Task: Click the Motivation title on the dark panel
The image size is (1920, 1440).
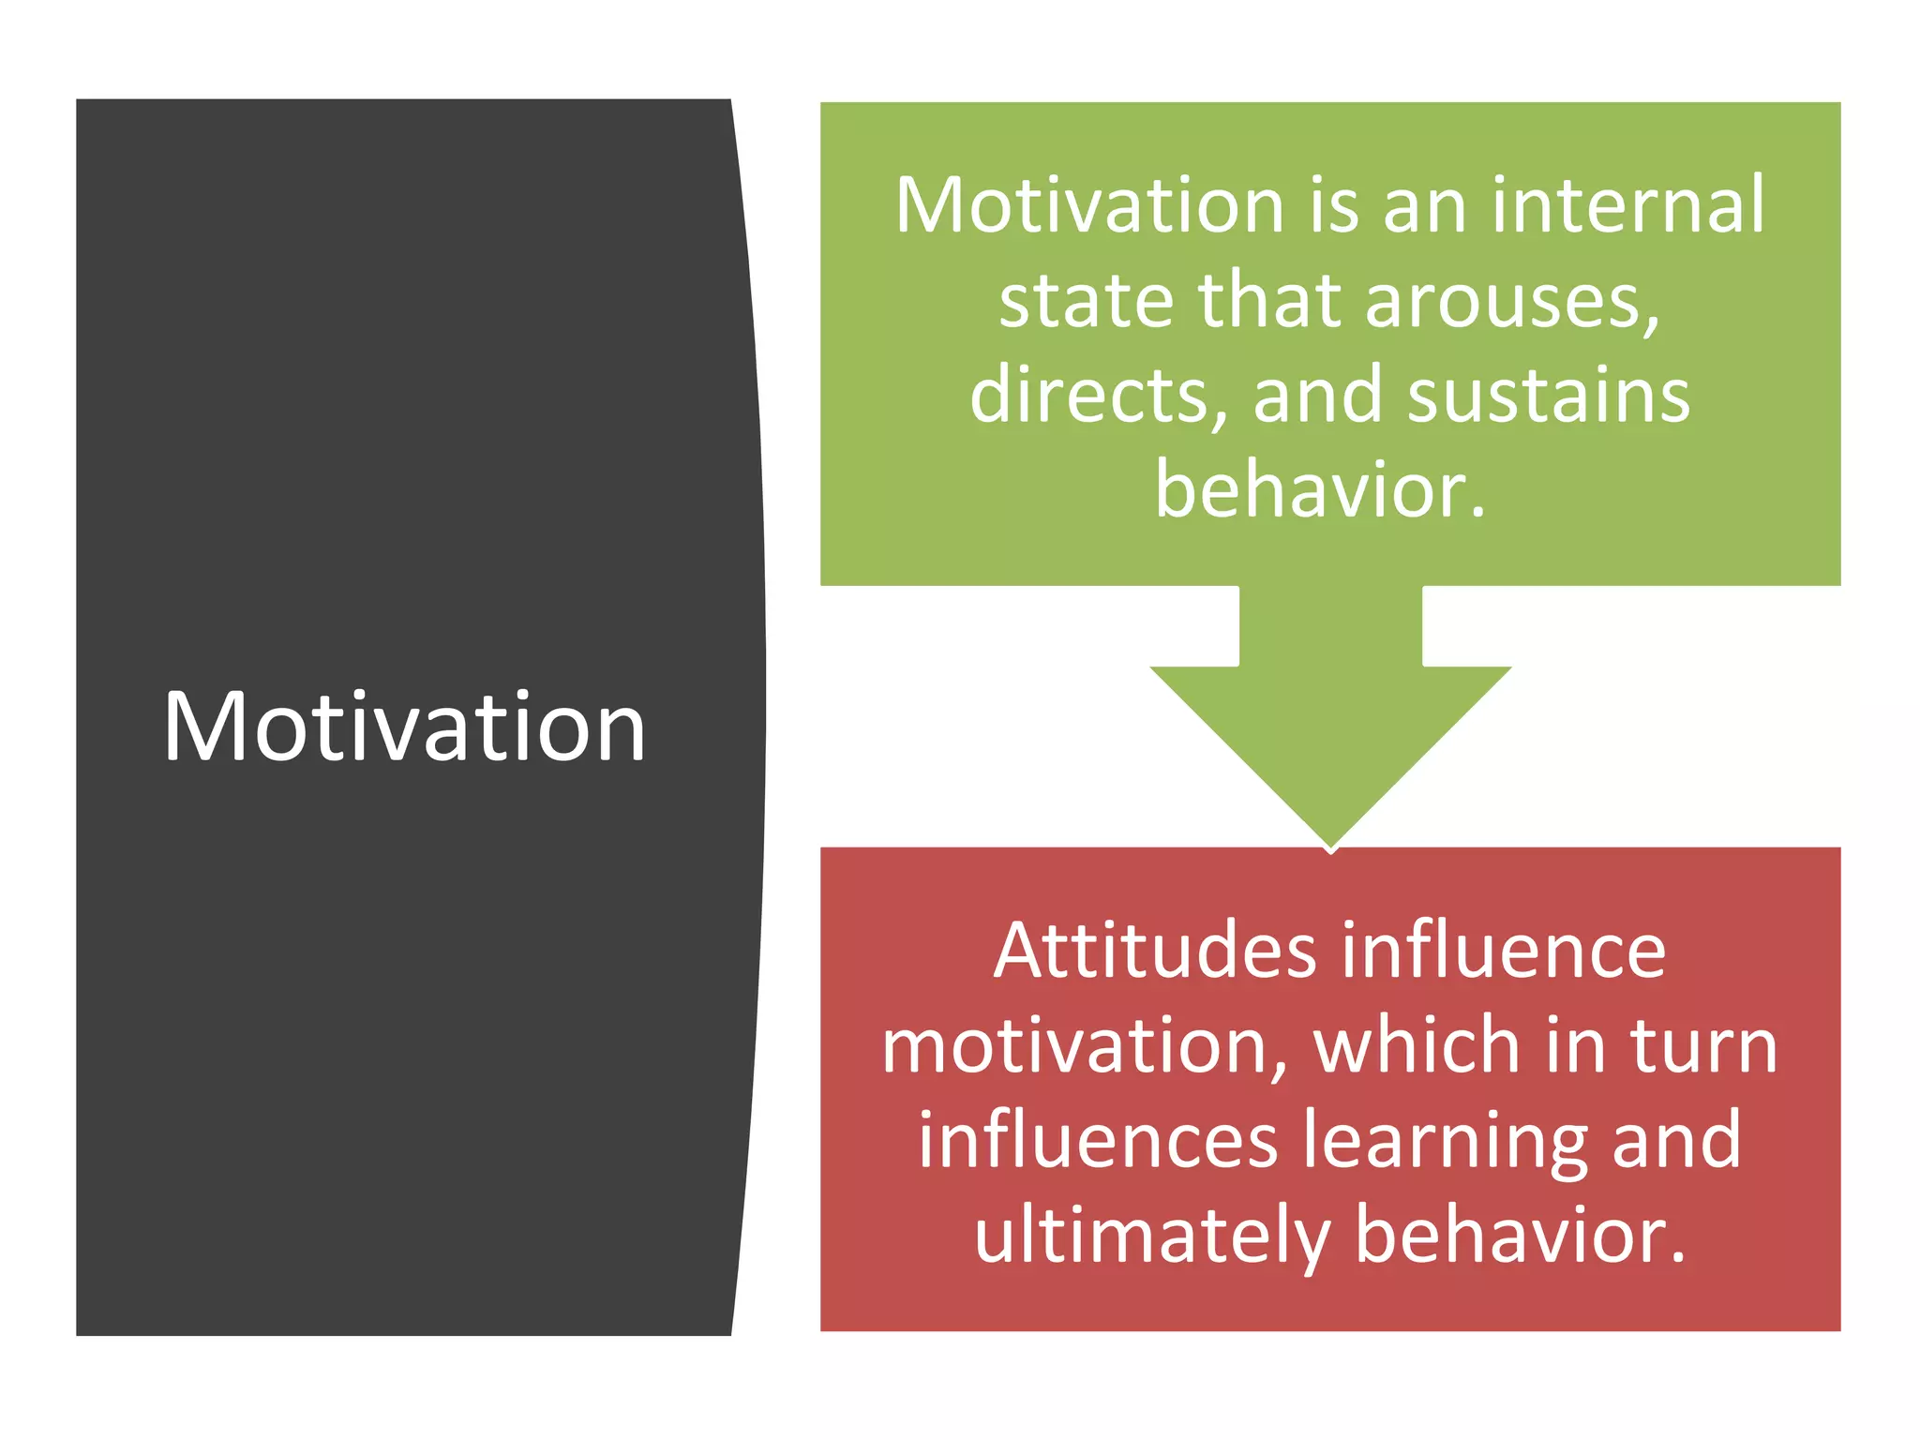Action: coord(405,727)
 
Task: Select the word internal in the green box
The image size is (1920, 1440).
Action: coord(1628,205)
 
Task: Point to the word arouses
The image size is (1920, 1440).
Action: coord(1511,302)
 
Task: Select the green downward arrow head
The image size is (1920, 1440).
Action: coord(1330,750)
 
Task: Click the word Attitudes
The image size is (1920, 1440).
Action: coord(1155,951)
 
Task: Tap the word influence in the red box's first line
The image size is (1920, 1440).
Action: coord(1503,951)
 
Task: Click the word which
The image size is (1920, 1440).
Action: coord(1417,1046)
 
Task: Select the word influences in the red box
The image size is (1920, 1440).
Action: coord(1098,1140)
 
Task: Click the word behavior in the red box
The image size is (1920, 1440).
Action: coord(1520,1236)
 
